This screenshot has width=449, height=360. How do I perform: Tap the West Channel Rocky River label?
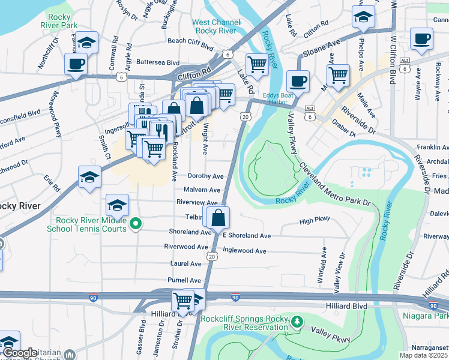click(x=215, y=27)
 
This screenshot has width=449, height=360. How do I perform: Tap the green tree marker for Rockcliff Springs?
click(x=296, y=322)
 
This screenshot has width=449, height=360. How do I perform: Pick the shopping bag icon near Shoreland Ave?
click(x=218, y=218)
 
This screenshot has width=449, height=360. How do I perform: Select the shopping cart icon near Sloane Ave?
click(x=338, y=75)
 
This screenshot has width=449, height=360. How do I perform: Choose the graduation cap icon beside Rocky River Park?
click(x=86, y=42)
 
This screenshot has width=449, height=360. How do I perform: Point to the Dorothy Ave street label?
click(x=205, y=176)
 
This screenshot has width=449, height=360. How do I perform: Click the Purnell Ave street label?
click(x=184, y=280)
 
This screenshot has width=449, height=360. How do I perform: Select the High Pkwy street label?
click(x=315, y=221)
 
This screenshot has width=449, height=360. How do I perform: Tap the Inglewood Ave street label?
click(x=244, y=251)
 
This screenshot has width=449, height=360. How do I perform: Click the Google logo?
click(x=20, y=353)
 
